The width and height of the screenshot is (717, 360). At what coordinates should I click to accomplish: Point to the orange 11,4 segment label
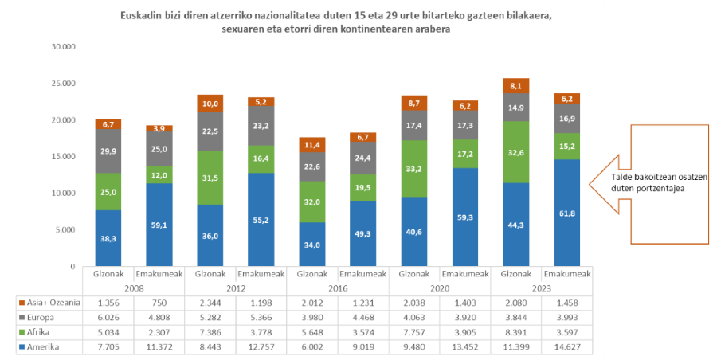click(311, 145)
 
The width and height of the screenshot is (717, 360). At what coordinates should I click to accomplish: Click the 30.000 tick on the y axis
click(62, 47)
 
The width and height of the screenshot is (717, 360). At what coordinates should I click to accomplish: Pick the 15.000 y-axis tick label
click(62, 157)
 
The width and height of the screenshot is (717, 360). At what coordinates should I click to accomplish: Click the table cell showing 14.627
click(566, 347)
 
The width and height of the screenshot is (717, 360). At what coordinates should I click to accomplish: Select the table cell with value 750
click(159, 303)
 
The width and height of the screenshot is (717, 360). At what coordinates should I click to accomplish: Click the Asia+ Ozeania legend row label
click(49, 303)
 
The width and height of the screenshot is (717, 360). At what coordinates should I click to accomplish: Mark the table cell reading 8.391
click(515, 333)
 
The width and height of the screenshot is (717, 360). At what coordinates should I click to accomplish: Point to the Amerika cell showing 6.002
click(311, 347)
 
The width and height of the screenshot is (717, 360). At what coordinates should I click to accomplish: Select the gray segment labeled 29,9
click(108, 151)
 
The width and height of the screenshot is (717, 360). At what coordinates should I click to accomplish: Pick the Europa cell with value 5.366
click(261, 318)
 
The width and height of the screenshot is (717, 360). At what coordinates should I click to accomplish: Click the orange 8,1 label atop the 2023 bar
click(515, 86)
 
